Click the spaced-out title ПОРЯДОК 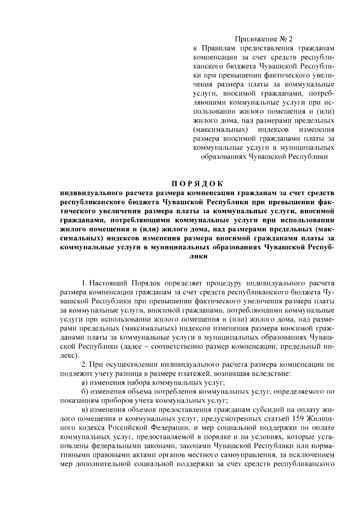(x=197, y=183)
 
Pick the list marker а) (x=86, y=382)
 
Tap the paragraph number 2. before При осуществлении (x=85, y=363)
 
